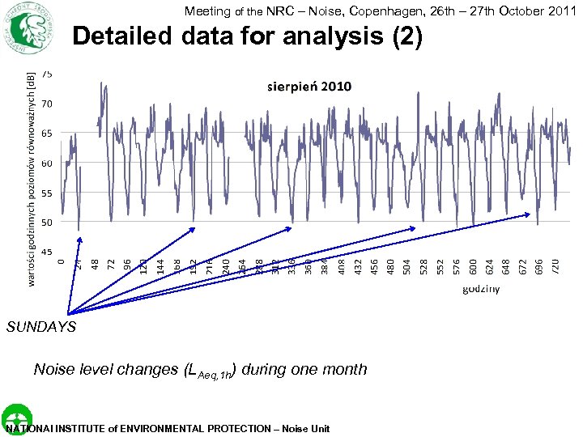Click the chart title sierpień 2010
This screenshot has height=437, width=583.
tap(309, 86)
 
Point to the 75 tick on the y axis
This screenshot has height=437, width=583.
tap(48, 74)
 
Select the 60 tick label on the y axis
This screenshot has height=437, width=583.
tap(48, 163)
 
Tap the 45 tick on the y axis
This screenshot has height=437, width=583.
tap(48, 252)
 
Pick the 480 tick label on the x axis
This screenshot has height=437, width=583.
tap(390, 265)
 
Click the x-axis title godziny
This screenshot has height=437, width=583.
tap(481, 288)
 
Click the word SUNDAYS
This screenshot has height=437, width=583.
tap(40, 327)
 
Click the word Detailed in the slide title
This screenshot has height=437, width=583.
tap(120, 37)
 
